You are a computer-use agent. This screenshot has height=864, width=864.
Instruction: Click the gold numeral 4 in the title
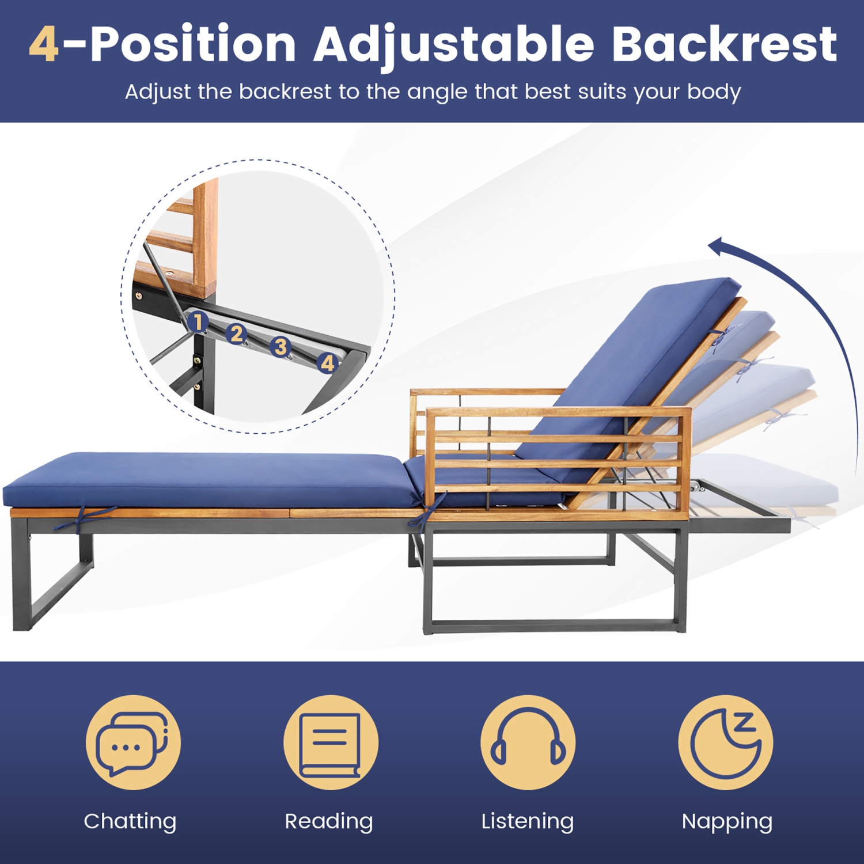point(44,44)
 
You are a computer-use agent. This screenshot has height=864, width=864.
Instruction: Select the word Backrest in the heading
point(724,44)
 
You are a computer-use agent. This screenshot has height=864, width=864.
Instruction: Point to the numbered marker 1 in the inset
point(198,321)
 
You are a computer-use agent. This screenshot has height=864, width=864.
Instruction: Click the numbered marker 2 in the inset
point(236,334)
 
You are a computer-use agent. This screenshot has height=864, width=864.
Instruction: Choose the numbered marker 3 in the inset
point(281,347)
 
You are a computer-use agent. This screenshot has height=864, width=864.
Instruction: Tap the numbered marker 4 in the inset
point(327,363)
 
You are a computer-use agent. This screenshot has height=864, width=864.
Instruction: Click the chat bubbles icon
point(133,742)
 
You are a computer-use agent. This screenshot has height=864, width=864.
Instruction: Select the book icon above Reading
point(331,743)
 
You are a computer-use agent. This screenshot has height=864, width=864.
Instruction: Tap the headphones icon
point(528,742)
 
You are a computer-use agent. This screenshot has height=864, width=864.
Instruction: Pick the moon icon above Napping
point(726,742)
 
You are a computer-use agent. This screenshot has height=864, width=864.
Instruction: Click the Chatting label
point(130,821)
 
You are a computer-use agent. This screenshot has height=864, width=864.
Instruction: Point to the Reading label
point(329,821)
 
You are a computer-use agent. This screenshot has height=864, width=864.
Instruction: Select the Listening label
point(528,821)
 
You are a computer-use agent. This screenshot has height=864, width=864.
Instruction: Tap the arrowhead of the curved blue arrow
point(717,247)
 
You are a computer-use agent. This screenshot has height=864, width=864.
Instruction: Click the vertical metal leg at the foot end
point(21,582)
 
